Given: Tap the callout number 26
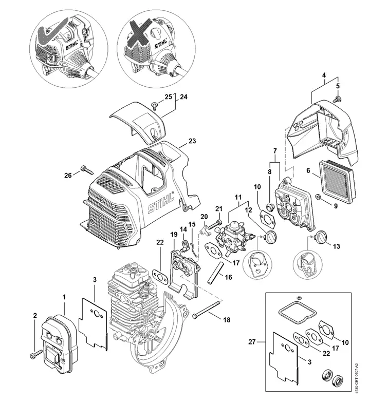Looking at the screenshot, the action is (x=68, y=176).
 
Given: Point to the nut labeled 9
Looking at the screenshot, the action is (x=319, y=197).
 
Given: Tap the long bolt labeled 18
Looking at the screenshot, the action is (x=207, y=309).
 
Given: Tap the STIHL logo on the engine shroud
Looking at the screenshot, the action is (x=161, y=204).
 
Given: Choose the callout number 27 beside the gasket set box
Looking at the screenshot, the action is (x=252, y=342).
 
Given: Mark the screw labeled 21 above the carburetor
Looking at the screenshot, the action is (x=214, y=224).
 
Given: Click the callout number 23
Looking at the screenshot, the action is (x=192, y=141).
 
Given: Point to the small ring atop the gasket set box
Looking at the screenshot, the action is (x=299, y=298).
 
